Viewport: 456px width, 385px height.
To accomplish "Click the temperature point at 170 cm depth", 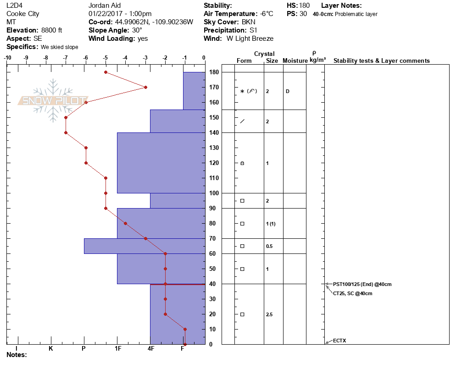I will click(145, 87).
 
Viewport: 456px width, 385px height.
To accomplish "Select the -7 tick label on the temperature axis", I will click(66, 58).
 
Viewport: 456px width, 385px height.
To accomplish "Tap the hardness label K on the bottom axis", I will click(50, 348).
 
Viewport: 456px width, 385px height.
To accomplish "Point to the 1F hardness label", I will click(117, 348).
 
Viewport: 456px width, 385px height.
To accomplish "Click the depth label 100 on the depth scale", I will click(213, 193).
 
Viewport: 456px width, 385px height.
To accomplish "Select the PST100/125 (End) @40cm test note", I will click(362, 284).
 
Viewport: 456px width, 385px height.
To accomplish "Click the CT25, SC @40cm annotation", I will click(352, 293).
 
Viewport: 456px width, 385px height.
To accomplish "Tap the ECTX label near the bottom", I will click(339, 341).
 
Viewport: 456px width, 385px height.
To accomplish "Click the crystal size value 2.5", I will click(269, 314).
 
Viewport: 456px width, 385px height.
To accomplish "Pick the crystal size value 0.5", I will click(269, 246).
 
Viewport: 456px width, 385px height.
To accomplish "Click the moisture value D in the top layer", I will click(287, 91).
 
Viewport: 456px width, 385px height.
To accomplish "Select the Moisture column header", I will click(295, 61).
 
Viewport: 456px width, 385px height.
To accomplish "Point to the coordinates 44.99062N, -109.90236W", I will click(154, 22).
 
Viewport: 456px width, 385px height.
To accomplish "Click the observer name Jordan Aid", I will click(105, 5).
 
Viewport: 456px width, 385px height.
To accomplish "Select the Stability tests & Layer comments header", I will click(381, 61).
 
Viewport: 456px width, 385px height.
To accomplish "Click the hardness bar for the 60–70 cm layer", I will click(144, 246).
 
